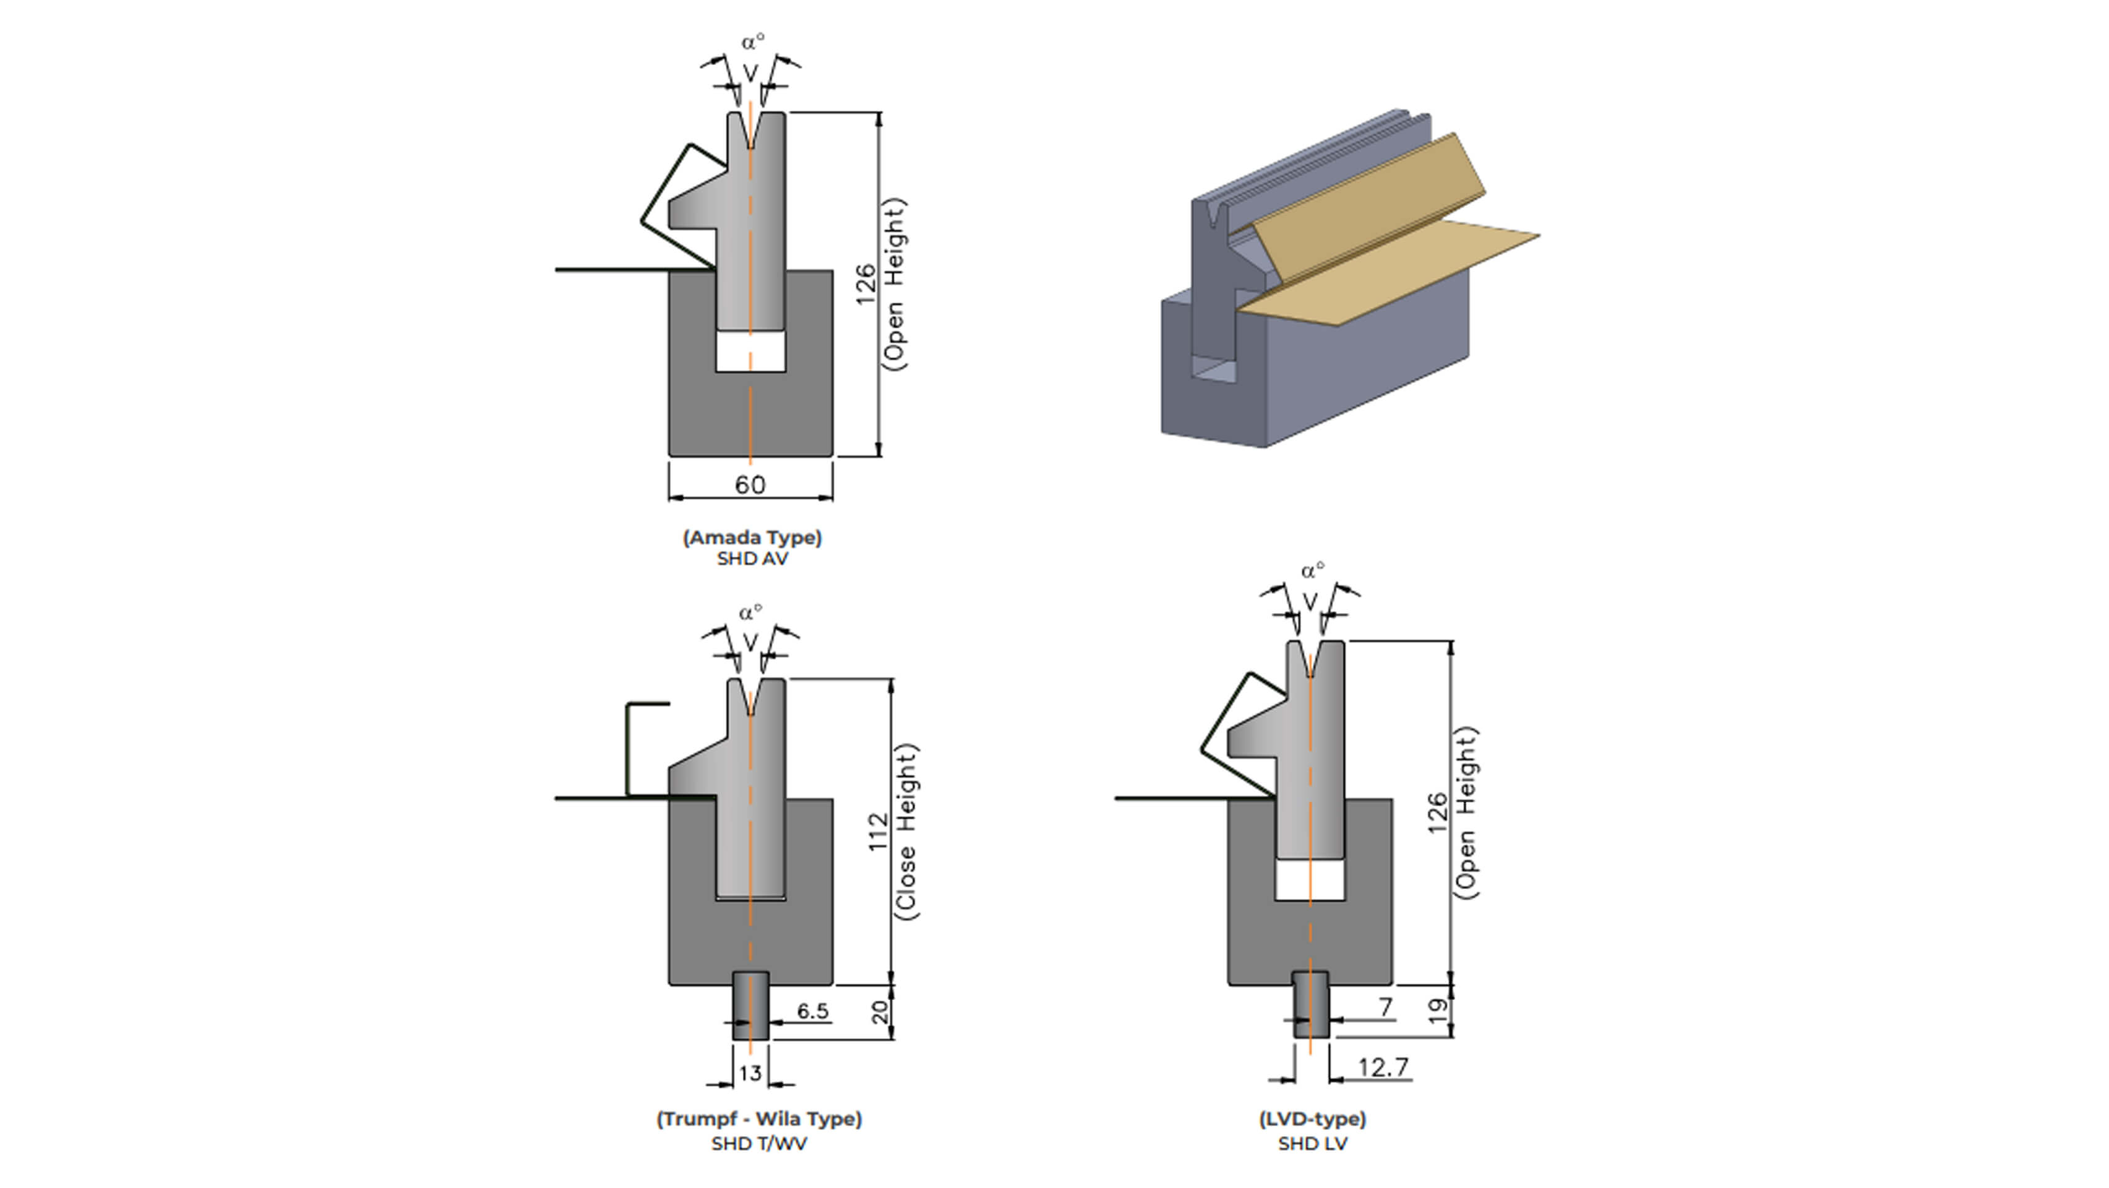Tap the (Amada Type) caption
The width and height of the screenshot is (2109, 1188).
point(752,538)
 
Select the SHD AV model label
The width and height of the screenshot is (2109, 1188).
point(752,559)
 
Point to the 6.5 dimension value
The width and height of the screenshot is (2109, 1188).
point(812,1011)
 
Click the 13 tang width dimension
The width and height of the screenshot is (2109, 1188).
point(750,1072)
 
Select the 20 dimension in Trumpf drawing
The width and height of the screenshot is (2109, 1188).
point(879,1013)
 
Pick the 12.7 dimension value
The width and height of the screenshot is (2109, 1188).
point(1383,1067)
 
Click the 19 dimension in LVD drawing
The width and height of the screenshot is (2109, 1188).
point(1438,1011)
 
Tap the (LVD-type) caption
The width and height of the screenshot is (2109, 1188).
point(1312,1119)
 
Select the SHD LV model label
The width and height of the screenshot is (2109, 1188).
point(1312,1144)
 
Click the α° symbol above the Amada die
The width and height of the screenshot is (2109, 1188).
point(752,41)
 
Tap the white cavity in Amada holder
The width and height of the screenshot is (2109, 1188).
point(750,352)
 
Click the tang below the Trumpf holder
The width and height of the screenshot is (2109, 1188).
point(750,1005)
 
